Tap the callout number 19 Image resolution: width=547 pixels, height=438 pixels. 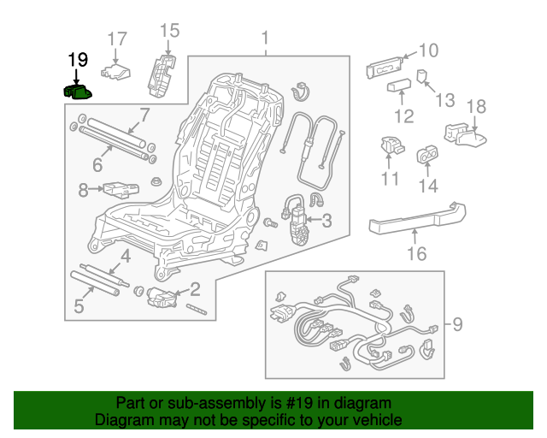[78, 60]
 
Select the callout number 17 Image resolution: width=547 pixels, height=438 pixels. [115, 38]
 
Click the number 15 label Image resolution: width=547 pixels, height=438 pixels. [169, 31]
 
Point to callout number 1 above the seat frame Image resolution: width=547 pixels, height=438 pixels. [265, 38]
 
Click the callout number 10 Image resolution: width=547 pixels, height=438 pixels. [427, 51]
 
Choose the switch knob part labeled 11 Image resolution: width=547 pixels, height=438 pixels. [391, 147]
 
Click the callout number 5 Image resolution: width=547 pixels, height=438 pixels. [78, 305]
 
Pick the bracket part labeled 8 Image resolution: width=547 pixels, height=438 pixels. [119, 187]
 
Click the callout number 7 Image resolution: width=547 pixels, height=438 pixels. [144, 115]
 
